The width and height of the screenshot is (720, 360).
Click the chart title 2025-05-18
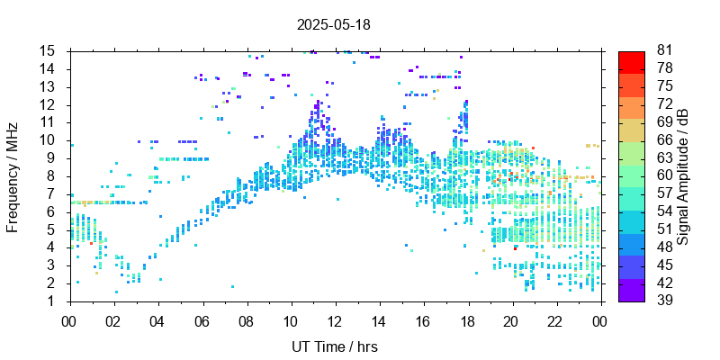(333, 24)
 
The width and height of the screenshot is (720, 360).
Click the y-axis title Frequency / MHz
(13, 176)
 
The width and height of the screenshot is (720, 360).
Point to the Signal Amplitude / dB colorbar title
(684, 176)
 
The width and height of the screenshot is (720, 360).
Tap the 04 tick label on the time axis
(157, 319)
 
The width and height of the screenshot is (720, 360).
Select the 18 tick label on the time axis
(467, 319)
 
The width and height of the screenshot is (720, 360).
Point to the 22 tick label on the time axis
(555, 319)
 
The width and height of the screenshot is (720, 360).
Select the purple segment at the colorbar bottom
(632, 292)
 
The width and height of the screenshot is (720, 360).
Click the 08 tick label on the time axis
(246, 319)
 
